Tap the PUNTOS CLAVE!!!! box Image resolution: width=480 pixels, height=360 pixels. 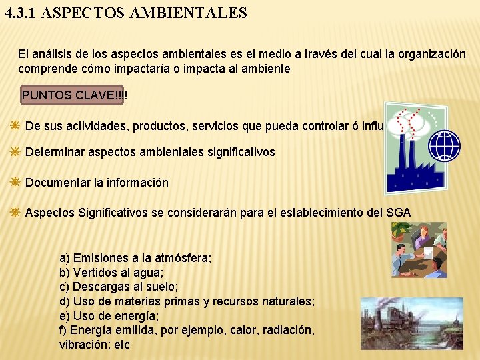click(74, 95)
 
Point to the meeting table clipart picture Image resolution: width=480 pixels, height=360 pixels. click(419, 249)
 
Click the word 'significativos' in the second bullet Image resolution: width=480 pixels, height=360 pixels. click(241, 152)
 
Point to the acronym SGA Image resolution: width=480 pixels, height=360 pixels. click(398, 213)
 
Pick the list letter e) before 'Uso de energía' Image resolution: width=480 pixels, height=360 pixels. click(65, 316)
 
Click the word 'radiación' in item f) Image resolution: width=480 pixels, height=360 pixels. click(290, 331)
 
